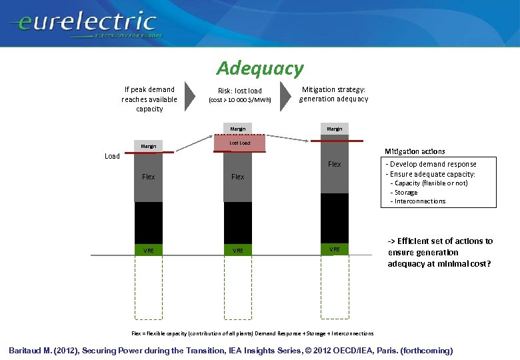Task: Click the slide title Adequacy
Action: tap(259, 68)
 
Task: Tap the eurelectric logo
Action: tap(83, 24)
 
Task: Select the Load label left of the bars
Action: tap(113, 156)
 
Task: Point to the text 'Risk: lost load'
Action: tap(240, 91)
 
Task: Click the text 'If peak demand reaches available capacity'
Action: tap(149, 99)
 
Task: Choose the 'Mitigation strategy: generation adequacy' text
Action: tap(333, 94)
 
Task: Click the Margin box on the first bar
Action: tap(148, 147)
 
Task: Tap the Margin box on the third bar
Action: tap(334, 129)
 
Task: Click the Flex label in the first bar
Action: tap(148, 177)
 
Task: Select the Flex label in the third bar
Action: tap(334, 164)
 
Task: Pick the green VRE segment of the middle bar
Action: tap(238, 250)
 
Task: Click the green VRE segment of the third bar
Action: tap(334, 249)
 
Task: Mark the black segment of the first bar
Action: tap(148, 223)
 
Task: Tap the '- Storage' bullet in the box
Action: tap(405, 192)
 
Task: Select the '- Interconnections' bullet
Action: tap(419, 201)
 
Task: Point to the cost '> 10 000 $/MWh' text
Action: tap(240, 101)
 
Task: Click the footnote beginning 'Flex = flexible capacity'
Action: tap(253, 333)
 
